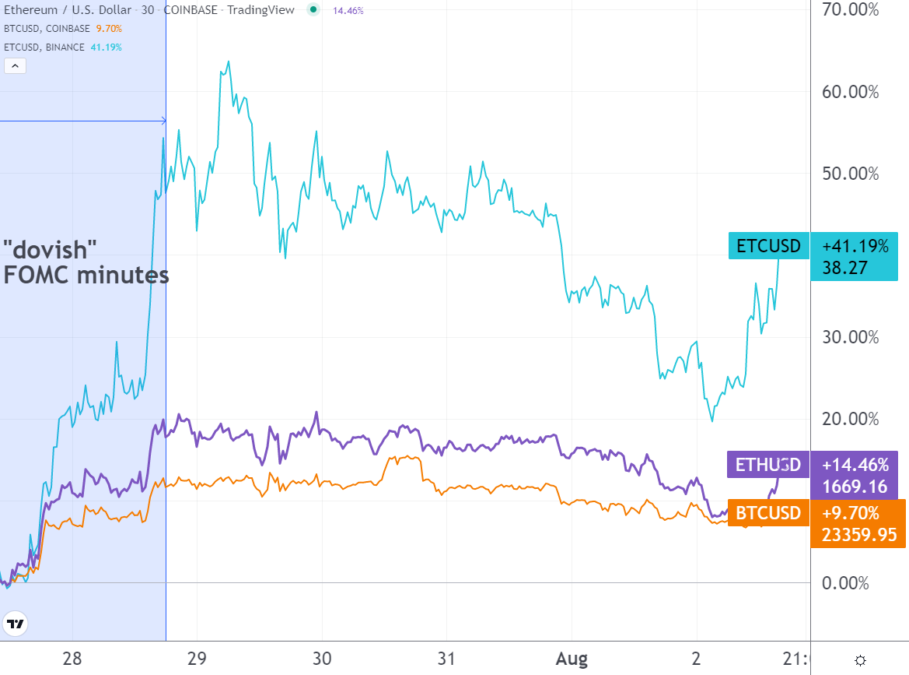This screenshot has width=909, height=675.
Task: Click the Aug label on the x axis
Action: tap(572, 659)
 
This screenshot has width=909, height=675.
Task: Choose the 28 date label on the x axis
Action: tap(72, 659)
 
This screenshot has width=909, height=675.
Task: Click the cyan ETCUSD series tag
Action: tap(768, 246)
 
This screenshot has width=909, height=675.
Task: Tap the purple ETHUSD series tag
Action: tap(767, 465)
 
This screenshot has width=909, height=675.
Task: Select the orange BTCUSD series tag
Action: tap(767, 513)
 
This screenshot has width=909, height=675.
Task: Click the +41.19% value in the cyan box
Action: tap(855, 247)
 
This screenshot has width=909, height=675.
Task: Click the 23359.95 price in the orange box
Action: tap(855, 535)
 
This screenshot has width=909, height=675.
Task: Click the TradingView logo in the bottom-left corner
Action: tap(15, 624)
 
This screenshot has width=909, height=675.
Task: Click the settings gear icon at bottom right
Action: tap(861, 660)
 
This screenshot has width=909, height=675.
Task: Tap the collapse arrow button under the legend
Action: tap(16, 66)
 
